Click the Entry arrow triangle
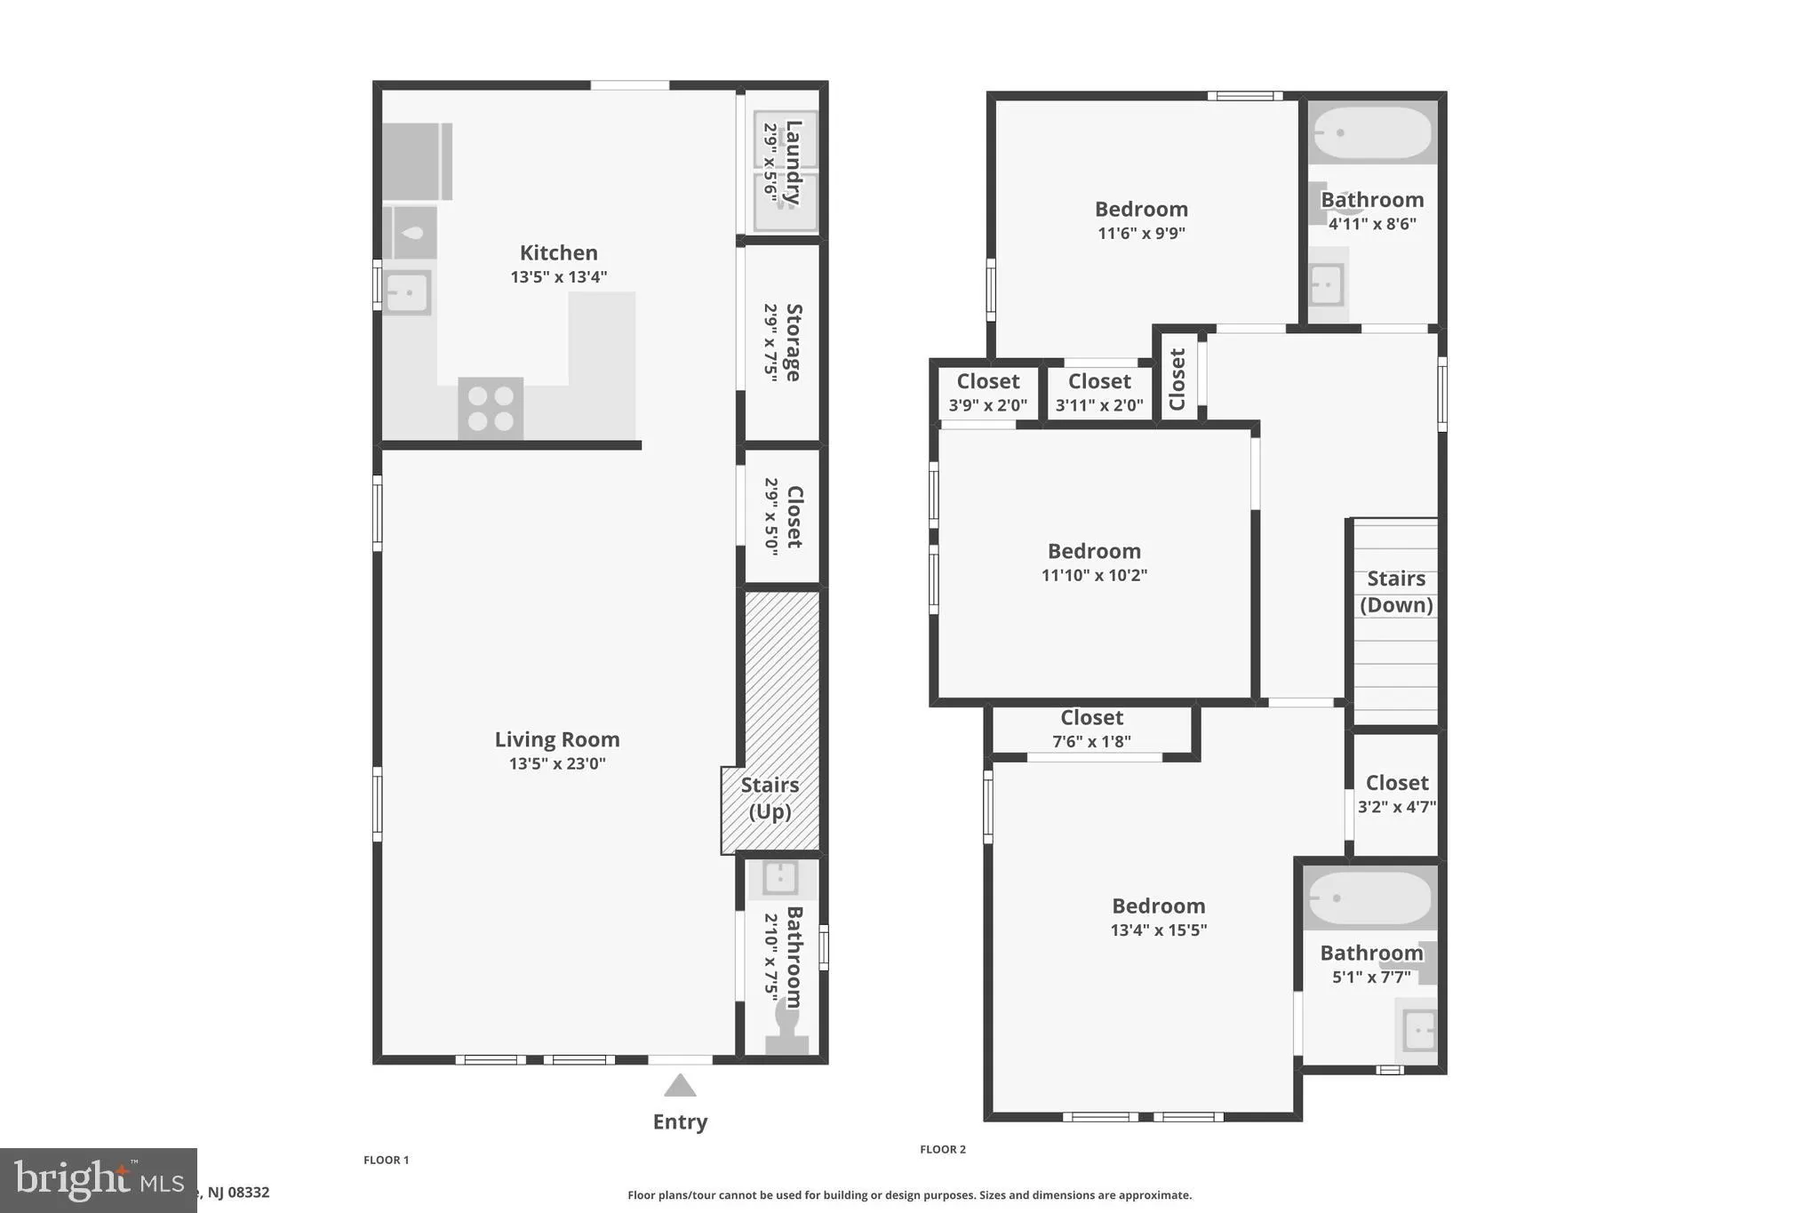point(680,1086)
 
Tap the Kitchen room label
point(558,253)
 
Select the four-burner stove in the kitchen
point(491,409)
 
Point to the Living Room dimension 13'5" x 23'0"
point(557,763)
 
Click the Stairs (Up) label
point(770,798)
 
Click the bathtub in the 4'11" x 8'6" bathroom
point(1372,133)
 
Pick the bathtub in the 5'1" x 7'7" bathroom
point(1369,898)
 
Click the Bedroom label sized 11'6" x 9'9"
point(1141,210)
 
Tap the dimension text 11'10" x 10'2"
point(1094,575)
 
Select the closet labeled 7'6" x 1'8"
point(1091,729)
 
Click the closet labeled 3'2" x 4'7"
point(1396,794)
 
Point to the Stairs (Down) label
point(1395,592)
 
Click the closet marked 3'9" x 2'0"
point(987,393)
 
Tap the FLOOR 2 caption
point(942,1149)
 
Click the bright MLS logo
point(98,1180)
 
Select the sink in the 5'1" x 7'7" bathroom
point(1418,1031)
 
